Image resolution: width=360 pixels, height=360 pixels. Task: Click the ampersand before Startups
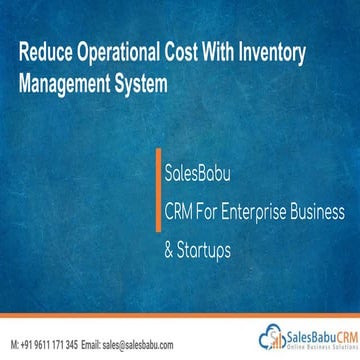pyautogui.click(x=169, y=243)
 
